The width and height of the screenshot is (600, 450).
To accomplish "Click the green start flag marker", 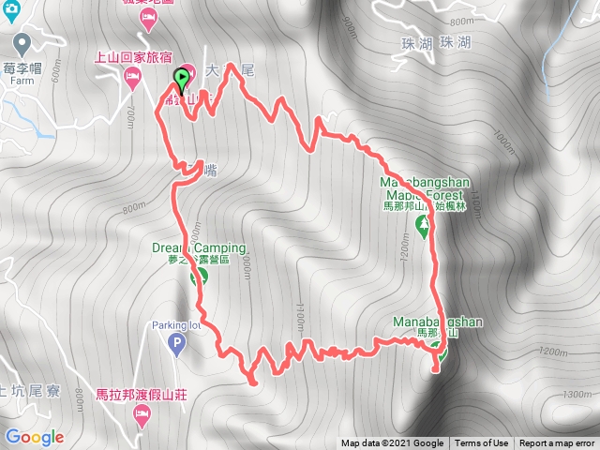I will coord(181,79).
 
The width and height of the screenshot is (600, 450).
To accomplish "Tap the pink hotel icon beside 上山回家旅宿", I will coord(133,74).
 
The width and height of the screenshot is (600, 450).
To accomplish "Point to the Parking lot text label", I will coord(174,326).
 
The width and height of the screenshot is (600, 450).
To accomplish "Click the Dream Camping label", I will coord(199,248).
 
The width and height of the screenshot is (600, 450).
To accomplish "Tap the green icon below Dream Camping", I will coord(199,277).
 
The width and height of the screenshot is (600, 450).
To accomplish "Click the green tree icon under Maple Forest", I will coord(423,224).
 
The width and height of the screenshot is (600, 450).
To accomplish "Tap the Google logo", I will coord(34,437).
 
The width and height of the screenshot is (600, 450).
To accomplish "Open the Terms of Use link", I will coord(482,443).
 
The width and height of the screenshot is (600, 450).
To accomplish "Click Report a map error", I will coord(557,443).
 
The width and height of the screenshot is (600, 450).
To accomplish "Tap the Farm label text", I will coord(19,80).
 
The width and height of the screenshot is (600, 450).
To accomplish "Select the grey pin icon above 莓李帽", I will coord(22,43).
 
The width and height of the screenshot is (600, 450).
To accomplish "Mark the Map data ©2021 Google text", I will coord(392,443).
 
